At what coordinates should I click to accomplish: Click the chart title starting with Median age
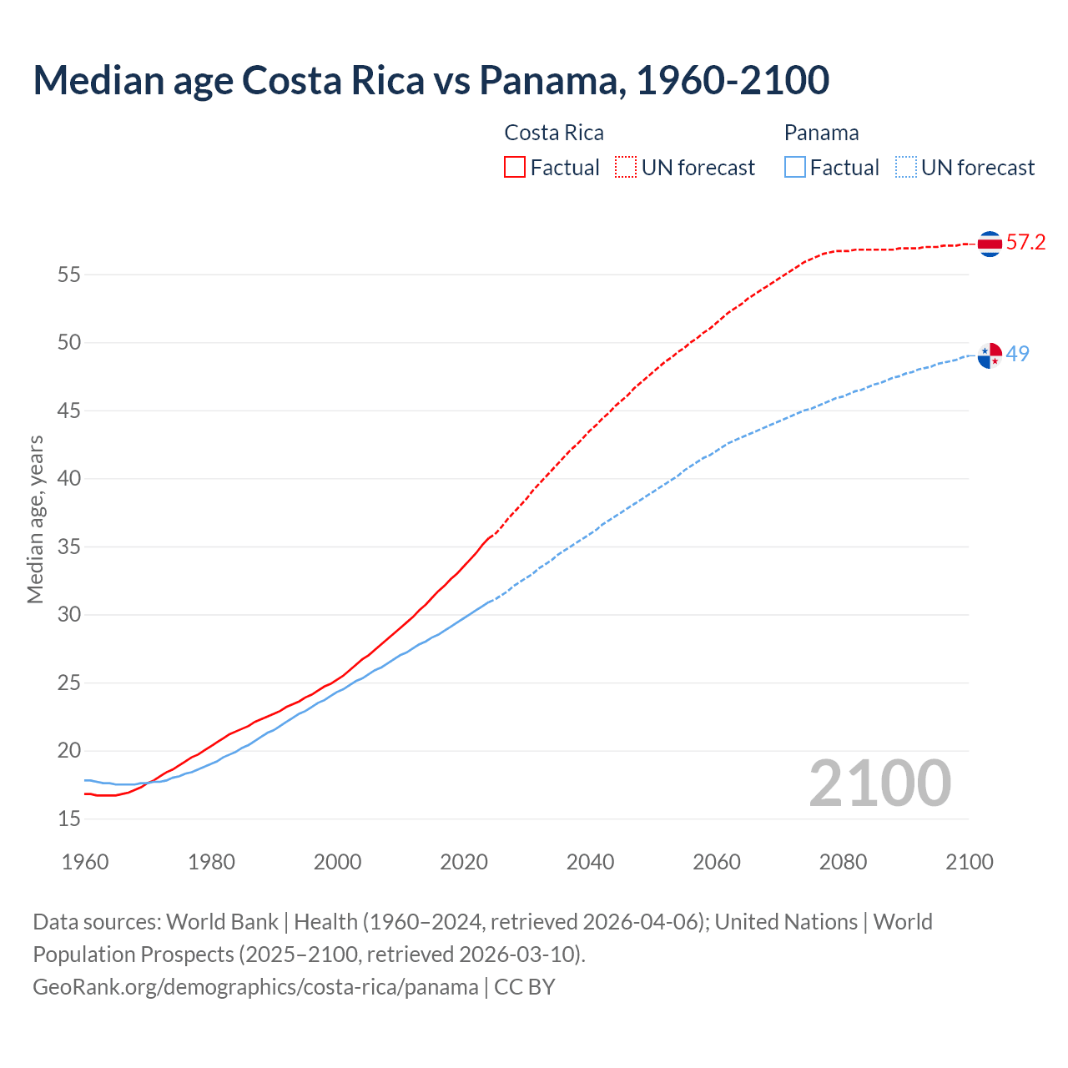tap(431, 80)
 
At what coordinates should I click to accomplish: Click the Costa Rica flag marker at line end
tap(990, 244)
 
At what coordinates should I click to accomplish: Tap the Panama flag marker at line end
tap(990, 355)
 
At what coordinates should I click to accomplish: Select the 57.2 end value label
tap(1025, 243)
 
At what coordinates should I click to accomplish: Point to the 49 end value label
tap(1017, 354)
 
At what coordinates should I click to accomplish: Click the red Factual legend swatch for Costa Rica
tap(515, 168)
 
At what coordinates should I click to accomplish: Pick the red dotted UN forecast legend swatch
tap(626, 168)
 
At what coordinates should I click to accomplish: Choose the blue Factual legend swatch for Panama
tap(795, 168)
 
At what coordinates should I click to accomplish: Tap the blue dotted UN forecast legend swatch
tap(906, 168)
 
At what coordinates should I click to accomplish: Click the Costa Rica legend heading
tap(554, 133)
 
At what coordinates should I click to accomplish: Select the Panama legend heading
tap(821, 133)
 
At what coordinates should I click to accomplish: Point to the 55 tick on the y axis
tap(69, 275)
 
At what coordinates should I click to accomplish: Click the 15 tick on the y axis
tap(69, 819)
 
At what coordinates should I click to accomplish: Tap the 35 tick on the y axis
tap(69, 547)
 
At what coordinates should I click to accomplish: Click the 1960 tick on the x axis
tap(85, 862)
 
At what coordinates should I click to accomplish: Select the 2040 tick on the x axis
tap(590, 862)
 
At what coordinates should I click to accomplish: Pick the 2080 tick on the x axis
tap(843, 862)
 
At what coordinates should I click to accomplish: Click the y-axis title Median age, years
tap(35, 519)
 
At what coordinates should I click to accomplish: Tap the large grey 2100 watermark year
tap(879, 783)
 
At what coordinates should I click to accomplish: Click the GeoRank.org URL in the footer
tap(255, 987)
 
